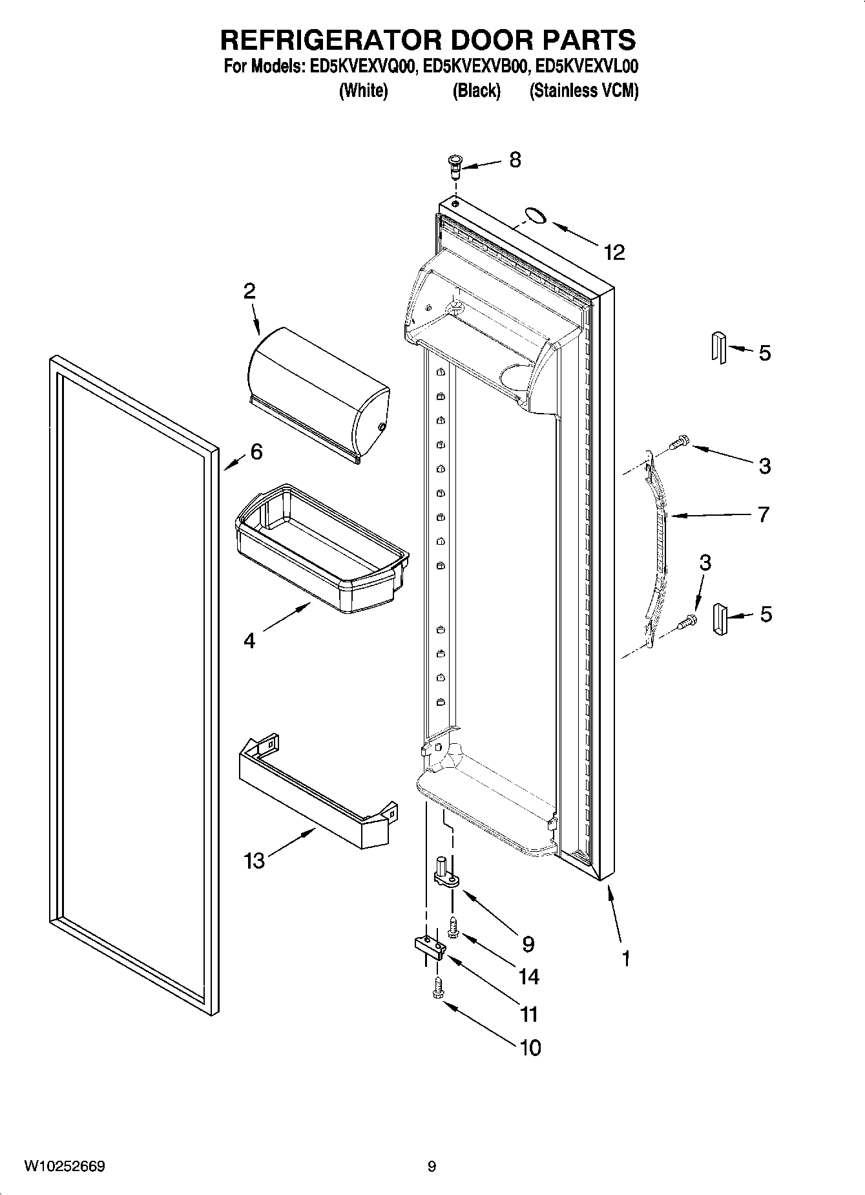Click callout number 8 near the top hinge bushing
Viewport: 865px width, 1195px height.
(x=515, y=160)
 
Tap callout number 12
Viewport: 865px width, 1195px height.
(x=614, y=252)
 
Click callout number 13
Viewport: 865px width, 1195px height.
(x=255, y=860)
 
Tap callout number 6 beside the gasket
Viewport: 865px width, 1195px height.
(x=256, y=452)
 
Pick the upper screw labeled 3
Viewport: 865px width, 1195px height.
(x=679, y=443)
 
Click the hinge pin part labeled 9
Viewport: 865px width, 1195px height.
(x=446, y=873)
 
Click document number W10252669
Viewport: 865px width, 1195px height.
(x=65, y=1166)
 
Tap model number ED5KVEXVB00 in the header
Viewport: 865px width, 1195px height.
(x=474, y=66)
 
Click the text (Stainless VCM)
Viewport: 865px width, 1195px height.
(x=583, y=91)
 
